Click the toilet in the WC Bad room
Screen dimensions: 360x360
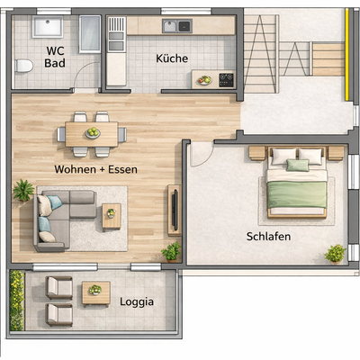(x=24, y=65)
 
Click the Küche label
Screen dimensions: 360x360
(x=172, y=58)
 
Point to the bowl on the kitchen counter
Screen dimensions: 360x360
(x=204, y=79)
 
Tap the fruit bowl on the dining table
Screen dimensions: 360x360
(x=93, y=133)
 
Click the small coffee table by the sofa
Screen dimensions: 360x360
(x=112, y=215)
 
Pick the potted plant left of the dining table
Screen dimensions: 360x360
(x=23, y=190)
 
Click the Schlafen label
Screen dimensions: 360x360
(x=269, y=237)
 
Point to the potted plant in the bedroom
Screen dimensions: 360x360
(x=335, y=254)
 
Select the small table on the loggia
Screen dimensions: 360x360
(x=94, y=292)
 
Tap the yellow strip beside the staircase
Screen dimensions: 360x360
(x=346, y=54)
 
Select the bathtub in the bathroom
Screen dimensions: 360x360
(x=90, y=37)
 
